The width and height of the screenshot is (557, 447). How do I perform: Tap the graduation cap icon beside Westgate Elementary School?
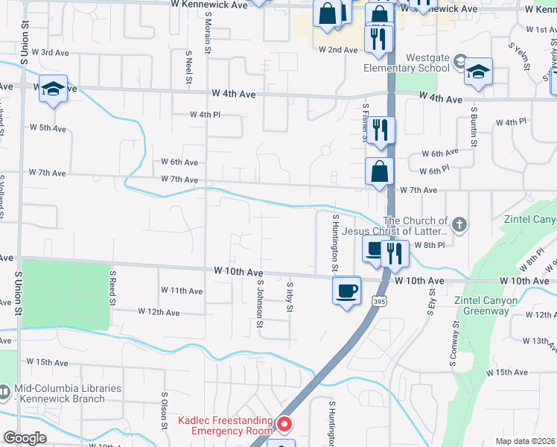(x=478, y=72)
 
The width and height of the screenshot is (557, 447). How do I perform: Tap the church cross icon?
(x=460, y=224)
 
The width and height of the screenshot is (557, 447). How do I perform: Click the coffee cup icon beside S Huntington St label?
(x=346, y=290)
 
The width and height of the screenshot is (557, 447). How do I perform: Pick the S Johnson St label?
(x=260, y=303)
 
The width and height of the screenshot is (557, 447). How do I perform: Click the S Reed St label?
(x=113, y=288)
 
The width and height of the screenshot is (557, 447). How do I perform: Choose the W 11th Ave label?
(x=182, y=291)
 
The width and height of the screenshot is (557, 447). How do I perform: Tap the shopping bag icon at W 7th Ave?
(x=379, y=171)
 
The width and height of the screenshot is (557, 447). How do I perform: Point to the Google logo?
(x=25, y=438)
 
